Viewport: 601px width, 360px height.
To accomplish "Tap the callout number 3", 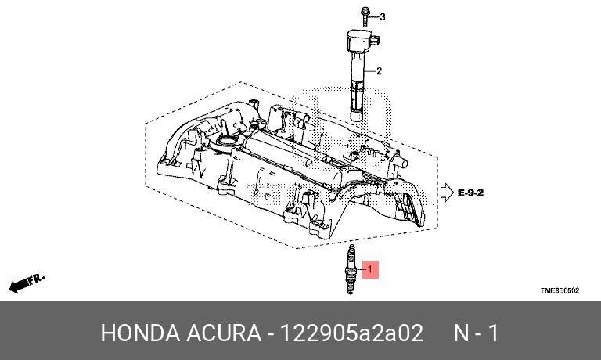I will (382, 16).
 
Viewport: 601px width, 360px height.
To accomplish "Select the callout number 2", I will (380, 71).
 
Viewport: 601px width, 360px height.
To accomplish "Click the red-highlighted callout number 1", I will (372, 270).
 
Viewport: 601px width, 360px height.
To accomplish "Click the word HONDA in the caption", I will (139, 333).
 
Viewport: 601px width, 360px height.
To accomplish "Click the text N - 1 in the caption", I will (476, 333).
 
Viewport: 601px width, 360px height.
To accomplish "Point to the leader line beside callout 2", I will (371, 72).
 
